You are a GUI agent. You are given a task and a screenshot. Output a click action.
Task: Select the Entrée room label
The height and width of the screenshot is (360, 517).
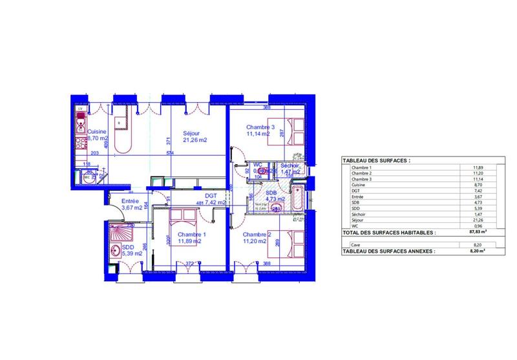click(x=132, y=202)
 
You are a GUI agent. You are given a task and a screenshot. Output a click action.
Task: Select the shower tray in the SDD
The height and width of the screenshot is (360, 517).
click(x=121, y=233)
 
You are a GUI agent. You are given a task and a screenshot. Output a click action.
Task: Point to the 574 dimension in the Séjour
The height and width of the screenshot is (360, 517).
click(x=171, y=153)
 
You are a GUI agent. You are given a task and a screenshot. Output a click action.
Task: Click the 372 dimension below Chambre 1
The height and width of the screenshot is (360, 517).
click(x=190, y=264)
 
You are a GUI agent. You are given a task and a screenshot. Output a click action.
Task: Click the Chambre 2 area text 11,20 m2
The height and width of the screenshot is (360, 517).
click(x=256, y=241)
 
